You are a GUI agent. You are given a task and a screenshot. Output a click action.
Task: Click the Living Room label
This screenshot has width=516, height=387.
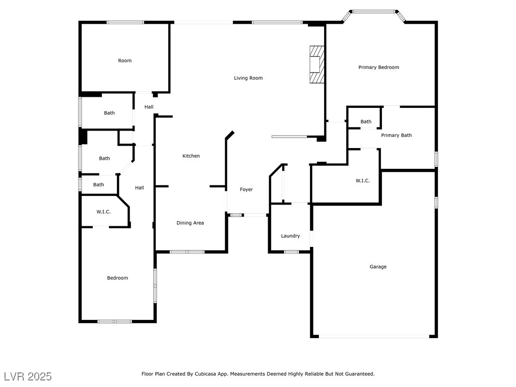pos(248,78)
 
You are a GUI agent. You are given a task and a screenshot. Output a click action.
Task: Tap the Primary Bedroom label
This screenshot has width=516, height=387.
pos(378,67)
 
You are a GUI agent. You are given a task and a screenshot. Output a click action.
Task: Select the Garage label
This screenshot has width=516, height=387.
pos(378,267)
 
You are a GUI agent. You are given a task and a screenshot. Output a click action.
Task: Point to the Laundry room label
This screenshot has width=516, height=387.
pos(290,236)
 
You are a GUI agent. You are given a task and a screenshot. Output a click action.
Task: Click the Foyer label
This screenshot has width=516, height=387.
pos(246,189)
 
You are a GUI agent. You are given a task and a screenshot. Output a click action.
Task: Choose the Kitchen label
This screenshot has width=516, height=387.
pos(191,156)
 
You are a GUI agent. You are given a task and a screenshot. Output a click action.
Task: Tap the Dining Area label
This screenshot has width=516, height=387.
pos(190,223)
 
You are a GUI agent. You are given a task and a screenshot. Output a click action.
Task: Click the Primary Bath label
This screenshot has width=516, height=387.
pos(396,135)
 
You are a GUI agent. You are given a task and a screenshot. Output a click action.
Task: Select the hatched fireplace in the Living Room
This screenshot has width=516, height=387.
pos(316,64)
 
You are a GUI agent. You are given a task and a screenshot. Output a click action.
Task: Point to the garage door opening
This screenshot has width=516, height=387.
pos(374,336)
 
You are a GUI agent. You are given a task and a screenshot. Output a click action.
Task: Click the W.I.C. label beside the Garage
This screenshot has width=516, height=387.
pos(362,181)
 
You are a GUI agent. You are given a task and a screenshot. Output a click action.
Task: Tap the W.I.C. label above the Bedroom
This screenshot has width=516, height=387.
pos(103,212)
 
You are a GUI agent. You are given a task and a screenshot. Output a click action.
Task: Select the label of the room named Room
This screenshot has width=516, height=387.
pos(125,60)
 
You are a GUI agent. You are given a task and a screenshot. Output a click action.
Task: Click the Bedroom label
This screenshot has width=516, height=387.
pos(117,278)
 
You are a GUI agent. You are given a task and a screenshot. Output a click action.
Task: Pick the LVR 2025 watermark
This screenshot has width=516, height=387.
pos(28,376)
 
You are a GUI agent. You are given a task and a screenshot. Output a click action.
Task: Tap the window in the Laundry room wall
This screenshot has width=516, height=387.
pos(291,252)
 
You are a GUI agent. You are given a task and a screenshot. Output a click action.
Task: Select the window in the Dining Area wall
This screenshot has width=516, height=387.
pos(187,252)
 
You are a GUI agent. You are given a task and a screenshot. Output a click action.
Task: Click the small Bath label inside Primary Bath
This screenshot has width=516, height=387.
pos(366,121)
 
